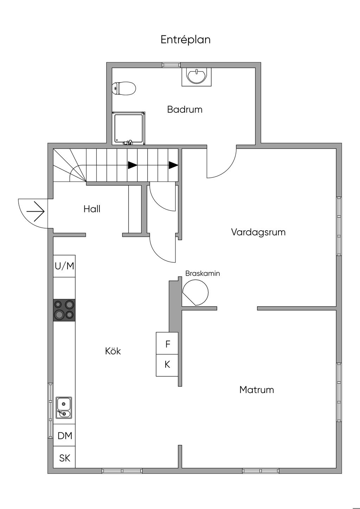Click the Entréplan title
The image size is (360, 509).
186,39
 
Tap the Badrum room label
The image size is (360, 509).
185,109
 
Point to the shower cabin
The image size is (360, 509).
129,128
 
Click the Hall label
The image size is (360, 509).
92,209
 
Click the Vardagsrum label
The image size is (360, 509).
258,232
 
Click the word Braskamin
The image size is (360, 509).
202,273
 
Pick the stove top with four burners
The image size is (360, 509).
64,310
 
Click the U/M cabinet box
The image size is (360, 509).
64,266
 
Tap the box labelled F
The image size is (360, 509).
167,344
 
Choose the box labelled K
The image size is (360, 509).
167,365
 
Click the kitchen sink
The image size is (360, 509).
64,408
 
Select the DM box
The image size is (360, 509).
65,436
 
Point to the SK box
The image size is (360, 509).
65,458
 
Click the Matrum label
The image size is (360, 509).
256,389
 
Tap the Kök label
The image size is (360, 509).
113,351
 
